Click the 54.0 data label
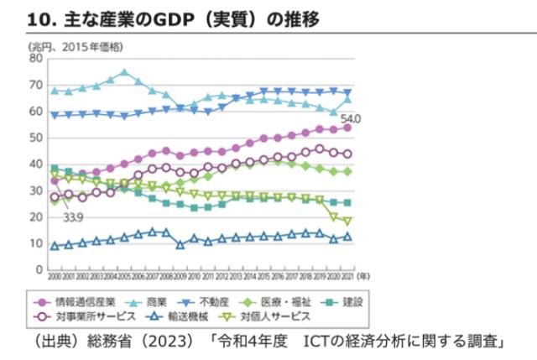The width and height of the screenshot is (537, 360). coord(351,118)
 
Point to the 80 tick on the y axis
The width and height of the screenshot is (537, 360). coord(34,59)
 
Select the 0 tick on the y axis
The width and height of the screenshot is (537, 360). coord(38,270)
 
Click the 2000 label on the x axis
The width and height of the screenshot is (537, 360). coord(55,276)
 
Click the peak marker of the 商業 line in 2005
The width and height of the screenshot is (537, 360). coord(123,72)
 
